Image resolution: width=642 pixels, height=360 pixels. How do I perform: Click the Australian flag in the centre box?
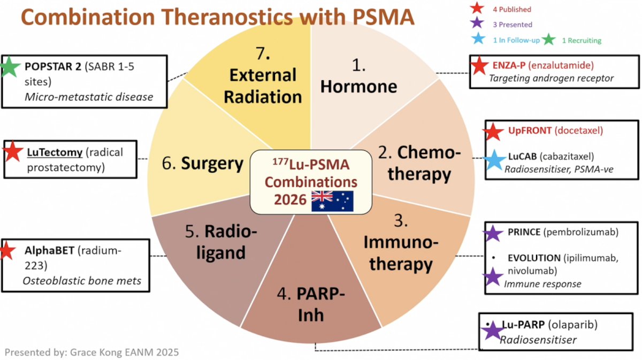pos(332,201)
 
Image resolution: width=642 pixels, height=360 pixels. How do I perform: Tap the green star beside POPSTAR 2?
pos(10,67)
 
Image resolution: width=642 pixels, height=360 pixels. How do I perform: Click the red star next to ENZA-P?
pos(479,66)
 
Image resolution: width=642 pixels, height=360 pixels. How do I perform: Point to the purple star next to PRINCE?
pos(493,234)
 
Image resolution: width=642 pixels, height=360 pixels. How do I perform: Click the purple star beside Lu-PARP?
pos(492,331)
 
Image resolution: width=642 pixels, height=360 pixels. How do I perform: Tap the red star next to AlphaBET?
pos(7,250)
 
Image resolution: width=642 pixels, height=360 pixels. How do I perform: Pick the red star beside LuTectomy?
pos(13,151)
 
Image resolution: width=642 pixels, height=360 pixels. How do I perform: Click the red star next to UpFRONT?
pos(493,132)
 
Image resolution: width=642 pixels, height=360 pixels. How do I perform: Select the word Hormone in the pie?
pos(358,86)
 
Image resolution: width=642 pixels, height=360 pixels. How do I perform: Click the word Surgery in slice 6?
pos(212,164)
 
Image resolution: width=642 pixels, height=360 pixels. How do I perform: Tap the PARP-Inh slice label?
pos(311,304)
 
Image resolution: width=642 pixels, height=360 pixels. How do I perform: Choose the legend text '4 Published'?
pos(512,10)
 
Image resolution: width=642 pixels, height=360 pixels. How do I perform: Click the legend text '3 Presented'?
pos(513,25)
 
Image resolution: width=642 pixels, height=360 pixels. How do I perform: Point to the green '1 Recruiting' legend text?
pos(582,41)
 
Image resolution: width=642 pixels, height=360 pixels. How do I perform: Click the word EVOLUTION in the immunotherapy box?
pos(534,258)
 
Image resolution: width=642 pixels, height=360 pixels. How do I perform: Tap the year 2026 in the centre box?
pos(290,200)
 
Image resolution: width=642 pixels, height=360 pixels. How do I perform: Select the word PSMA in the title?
pos(384,17)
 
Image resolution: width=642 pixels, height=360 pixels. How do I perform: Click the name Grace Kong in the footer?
pos(94,352)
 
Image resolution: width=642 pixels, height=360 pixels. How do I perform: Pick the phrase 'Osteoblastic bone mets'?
pos(82,281)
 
